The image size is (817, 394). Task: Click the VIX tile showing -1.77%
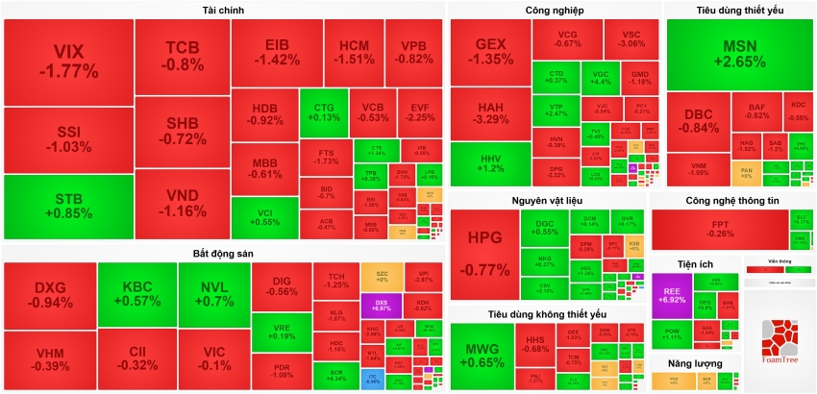click(68, 61)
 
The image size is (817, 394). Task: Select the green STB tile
click(68, 207)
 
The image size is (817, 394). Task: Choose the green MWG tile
click(482, 356)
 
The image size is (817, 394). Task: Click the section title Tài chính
click(223, 10)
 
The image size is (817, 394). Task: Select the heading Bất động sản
click(223, 253)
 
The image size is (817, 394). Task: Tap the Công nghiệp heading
click(554, 10)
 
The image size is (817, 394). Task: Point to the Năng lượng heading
click(693, 363)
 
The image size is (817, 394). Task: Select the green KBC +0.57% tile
click(136, 294)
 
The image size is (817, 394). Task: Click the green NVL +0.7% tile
click(211, 294)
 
